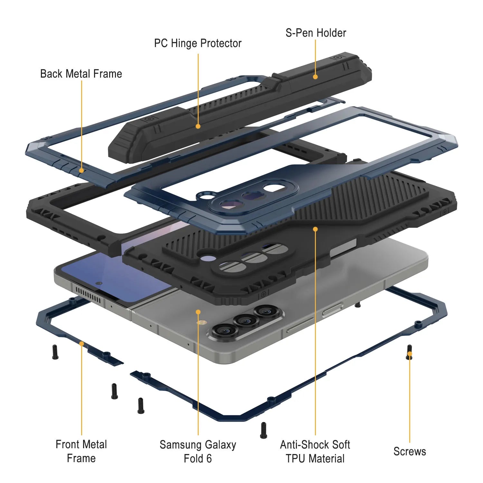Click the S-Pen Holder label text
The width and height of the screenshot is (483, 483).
tap(316, 33)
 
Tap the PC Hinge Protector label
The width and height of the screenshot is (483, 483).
tap(198, 43)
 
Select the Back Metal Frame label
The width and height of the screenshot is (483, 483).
tap(81, 74)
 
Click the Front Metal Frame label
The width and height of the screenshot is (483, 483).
tap(81, 451)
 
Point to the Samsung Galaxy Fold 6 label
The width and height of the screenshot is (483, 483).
tap(198, 451)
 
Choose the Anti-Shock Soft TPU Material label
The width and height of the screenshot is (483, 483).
tap(315, 451)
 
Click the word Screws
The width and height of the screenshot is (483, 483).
tap(410, 451)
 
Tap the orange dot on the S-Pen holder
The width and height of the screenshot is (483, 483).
tap(315, 77)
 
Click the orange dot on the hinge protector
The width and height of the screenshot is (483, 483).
tap(198, 127)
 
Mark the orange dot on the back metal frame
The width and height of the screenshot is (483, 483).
tap(81, 170)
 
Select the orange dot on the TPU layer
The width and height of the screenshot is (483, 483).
tap(315, 229)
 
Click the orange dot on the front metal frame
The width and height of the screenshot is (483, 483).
tap(81, 344)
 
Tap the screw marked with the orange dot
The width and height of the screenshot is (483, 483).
tap(409, 352)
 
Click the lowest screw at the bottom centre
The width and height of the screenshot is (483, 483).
tap(263, 430)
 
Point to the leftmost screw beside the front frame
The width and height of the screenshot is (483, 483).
tap(55, 352)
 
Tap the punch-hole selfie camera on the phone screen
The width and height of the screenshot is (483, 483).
tap(99, 283)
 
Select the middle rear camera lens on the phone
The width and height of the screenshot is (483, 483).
tap(246, 320)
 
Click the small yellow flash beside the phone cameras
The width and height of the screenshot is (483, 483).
tap(202, 322)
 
